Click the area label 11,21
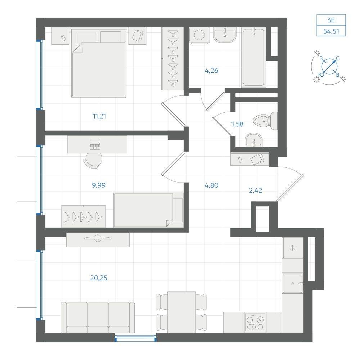coord(99,116)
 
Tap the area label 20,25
coord(99,278)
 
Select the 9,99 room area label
coord(99,185)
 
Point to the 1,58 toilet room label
coord(237,124)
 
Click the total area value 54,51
coord(331,31)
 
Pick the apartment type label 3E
coord(331,20)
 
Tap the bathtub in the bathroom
coord(253,57)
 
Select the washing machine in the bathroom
coord(199,35)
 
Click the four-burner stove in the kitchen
coord(255,322)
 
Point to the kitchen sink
coord(292,283)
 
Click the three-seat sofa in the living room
coord(98,317)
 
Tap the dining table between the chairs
coord(181,312)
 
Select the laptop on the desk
coord(95,145)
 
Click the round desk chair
coord(93,160)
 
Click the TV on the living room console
coord(98,238)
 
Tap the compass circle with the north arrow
coord(329,67)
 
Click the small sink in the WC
coord(253,140)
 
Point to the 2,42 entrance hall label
coord(256,190)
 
